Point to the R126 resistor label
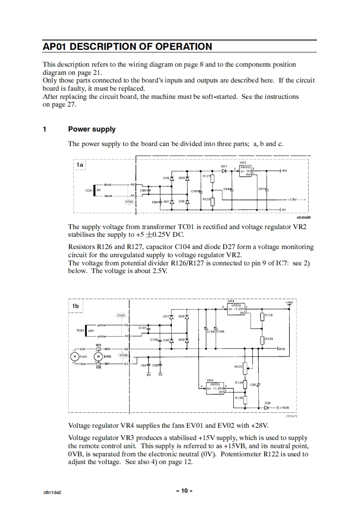(206, 199)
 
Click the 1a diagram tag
(80, 165)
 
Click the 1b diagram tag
(75, 306)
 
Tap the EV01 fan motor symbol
(73, 356)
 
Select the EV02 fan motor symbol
(98, 356)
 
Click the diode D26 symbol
(267, 407)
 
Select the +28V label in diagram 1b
(289, 302)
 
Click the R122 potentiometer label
(238, 366)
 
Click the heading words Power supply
(92, 129)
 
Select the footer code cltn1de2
(53, 491)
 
